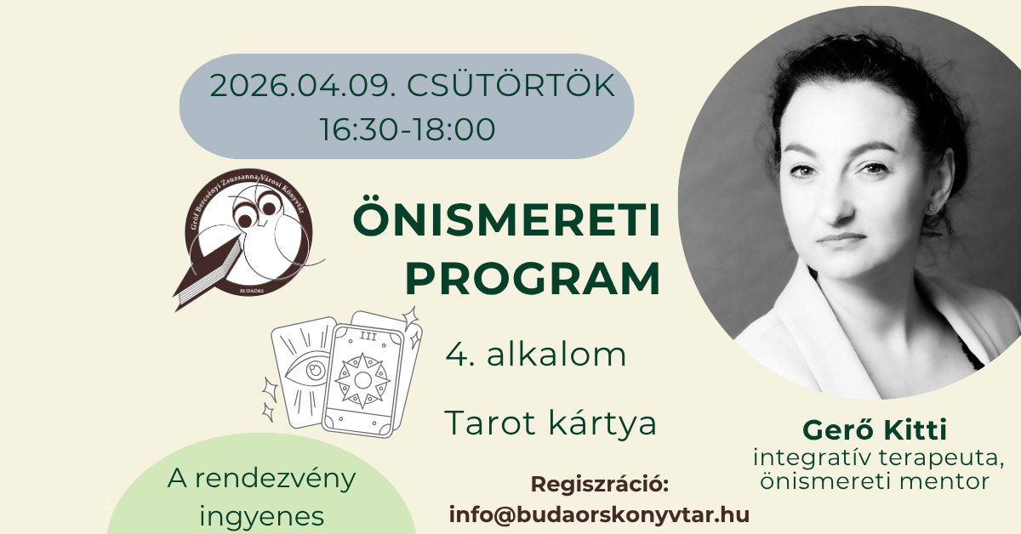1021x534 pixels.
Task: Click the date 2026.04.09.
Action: coord(302,86)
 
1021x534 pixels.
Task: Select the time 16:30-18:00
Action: coord(407,129)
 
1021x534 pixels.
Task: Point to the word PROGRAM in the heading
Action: coord(533,278)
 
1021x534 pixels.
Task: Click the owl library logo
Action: coord(248,240)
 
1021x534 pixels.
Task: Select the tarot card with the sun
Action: coord(363,380)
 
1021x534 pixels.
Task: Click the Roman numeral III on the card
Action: coord(368,336)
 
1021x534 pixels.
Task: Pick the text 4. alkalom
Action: coord(535,355)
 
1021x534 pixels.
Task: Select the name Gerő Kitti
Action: coord(875,429)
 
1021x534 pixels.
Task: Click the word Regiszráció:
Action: coord(599,485)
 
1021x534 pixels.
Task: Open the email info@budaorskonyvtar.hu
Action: coord(599,514)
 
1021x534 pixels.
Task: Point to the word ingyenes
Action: coord(262,518)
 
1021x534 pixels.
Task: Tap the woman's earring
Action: coord(933,207)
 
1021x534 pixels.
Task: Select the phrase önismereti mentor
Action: coord(875,481)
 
